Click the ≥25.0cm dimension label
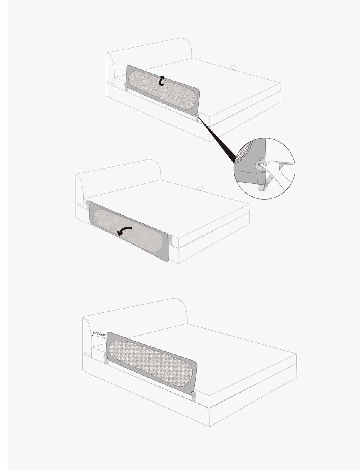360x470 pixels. click(x=99, y=333)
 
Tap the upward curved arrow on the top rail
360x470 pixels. click(x=161, y=81)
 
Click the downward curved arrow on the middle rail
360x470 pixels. click(x=124, y=231)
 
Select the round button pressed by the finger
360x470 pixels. click(x=260, y=165)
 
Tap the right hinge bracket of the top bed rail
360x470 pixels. click(x=197, y=117)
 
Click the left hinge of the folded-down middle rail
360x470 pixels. click(x=88, y=205)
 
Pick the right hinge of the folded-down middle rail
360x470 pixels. click(x=170, y=240)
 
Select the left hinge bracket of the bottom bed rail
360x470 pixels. click(x=106, y=359)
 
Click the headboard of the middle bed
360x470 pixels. click(x=118, y=177)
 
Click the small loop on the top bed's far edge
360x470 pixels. click(x=233, y=67)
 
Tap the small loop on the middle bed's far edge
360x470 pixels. click(x=201, y=188)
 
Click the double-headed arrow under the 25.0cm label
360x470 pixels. click(x=99, y=337)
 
